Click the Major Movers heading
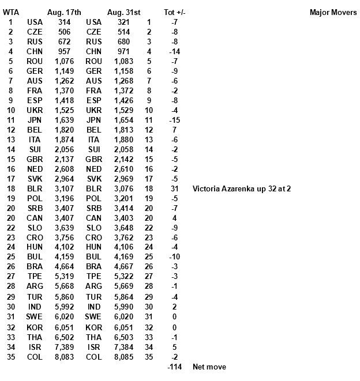[x=333, y=12]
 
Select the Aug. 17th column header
[x=64, y=12]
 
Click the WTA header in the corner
[x=10, y=12]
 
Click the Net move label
[x=209, y=367]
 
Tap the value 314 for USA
[x=64, y=22]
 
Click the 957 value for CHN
[x=64, y=51]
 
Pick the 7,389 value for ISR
[x=64, y=347]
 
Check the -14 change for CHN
[x=174, y=51]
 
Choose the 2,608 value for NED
[x=64, y=169]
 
